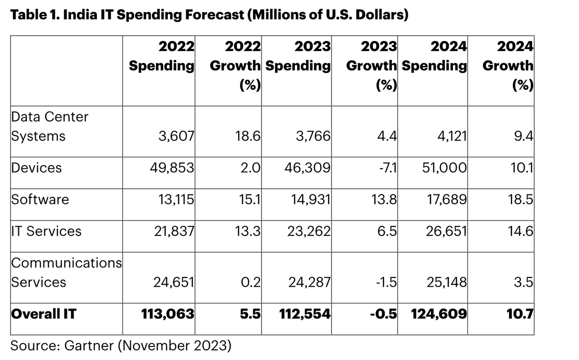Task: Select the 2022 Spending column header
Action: (162, 56)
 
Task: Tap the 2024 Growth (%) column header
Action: (508, 66)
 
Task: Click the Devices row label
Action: (37, 168)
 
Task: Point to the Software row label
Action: (40, 199)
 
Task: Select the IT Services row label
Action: (46, 231)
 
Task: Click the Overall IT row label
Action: (43, 315)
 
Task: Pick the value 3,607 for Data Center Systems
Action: (176, 137)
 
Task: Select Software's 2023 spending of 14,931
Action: (311, 199)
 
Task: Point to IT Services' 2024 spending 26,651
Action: (446, 231)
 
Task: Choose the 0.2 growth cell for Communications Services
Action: (250, 282)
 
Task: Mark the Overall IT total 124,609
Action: (439, 315)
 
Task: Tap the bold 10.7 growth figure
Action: (520, 315)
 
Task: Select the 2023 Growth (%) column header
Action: (372, 66)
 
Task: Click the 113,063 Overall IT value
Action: (167, 315)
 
